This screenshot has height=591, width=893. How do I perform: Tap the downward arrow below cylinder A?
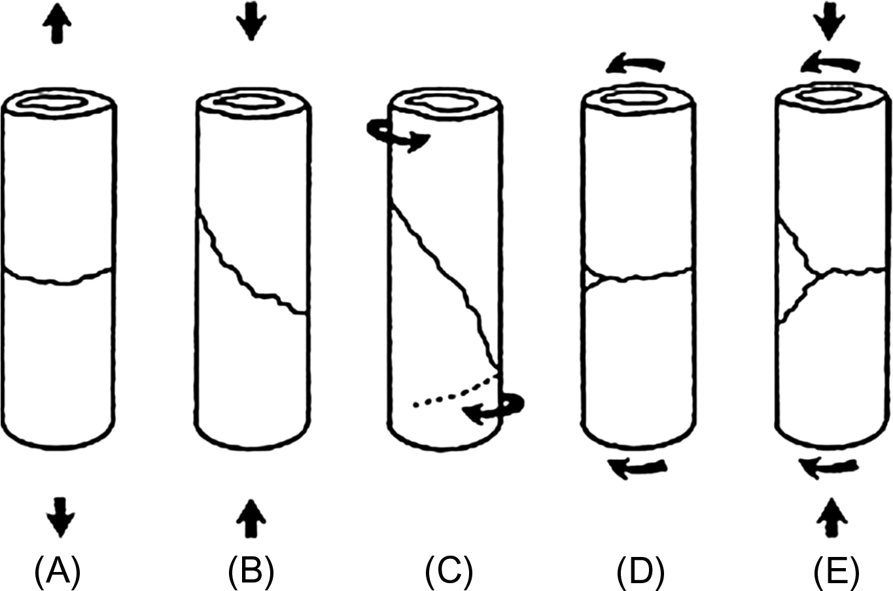click(x=60, y=514)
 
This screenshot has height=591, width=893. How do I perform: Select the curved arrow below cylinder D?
click(x=637, y=467)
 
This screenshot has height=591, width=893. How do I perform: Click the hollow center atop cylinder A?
click(x=58, y=103)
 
